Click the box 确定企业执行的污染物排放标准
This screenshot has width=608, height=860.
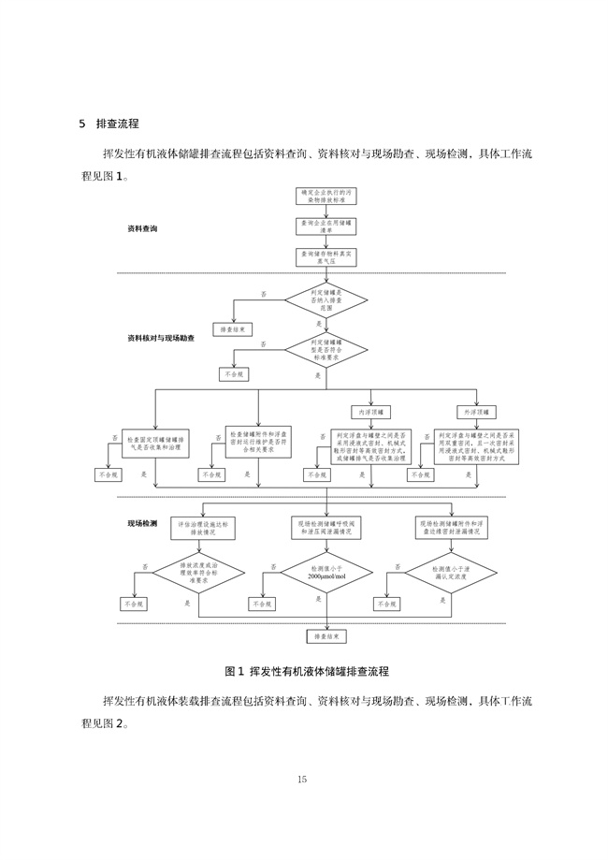click(326, 196)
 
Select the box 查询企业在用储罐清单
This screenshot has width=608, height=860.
click(326, 226)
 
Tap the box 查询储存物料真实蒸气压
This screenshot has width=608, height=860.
click(326, 256)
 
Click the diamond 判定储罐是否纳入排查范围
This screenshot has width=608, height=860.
click(326, 299)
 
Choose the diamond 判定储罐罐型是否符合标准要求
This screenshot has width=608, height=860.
click(326, 350)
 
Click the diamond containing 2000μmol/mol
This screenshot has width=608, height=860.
click(326, 573)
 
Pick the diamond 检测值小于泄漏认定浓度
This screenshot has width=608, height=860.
click(451, 573)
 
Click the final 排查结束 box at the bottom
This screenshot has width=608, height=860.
click(326, 635)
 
